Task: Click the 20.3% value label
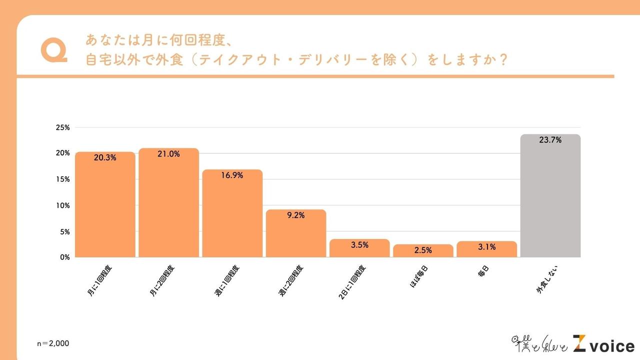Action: [x=105, y=157]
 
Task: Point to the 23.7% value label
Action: [x=550, y=140]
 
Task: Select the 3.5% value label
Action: [x=359, y=245]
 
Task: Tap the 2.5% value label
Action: [x=423, y=250]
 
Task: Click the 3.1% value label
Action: [x=486, y=247]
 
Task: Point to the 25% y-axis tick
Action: [x=62, y=127]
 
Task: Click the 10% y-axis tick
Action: [x=62, y=205]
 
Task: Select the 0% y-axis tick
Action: [x=64, y=257]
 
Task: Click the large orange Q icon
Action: [x=53, y=50]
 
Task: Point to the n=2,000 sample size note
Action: [x=53, y=343]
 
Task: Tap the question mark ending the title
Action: [x=503, y=59]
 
